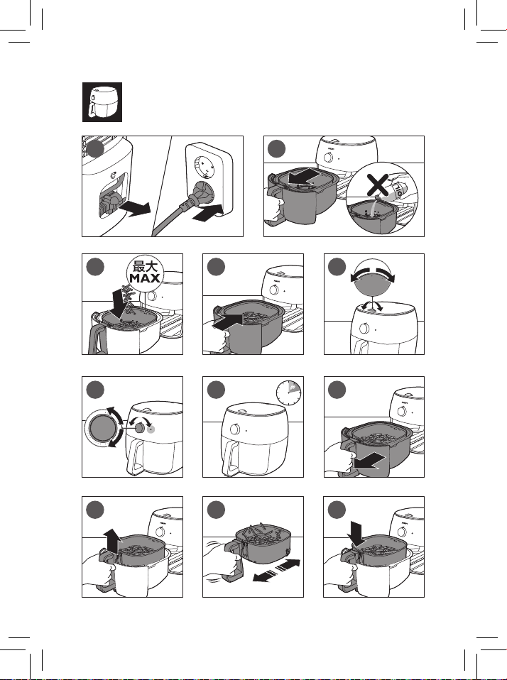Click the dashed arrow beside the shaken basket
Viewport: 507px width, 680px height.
click(x=284, y=567)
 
